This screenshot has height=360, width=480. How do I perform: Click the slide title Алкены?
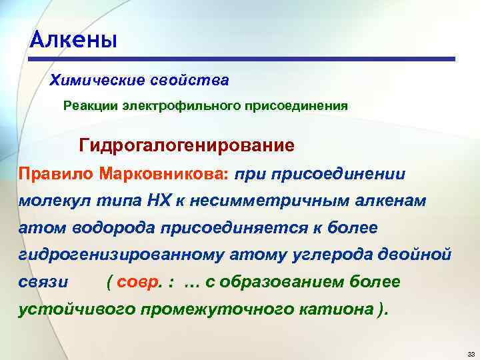[74, 40]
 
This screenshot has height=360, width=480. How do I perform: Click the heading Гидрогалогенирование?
[187, 144]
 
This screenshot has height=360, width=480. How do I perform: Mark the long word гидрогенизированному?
[113, 255]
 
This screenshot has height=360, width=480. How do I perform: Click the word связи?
[43, 282]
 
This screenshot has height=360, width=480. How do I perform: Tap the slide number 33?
[470, 353]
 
